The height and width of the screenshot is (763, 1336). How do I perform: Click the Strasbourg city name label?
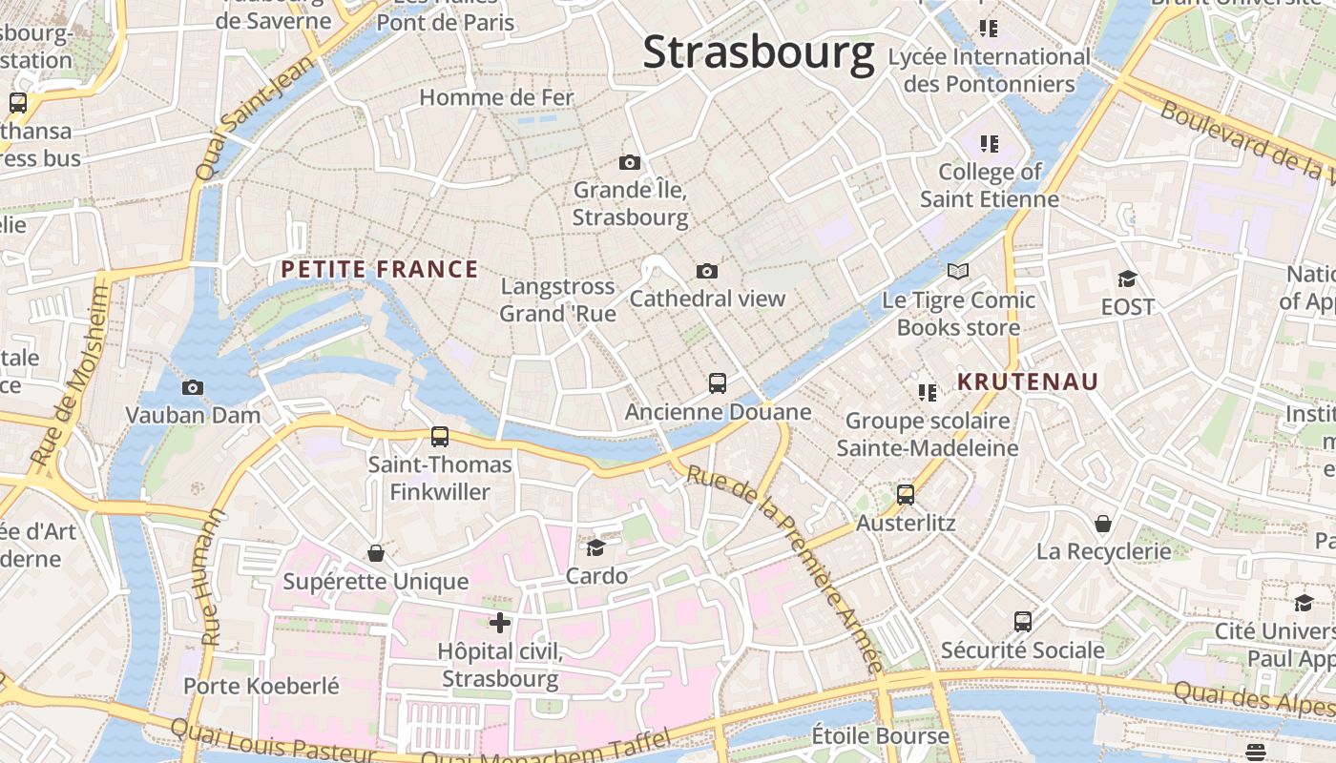pos(759,52)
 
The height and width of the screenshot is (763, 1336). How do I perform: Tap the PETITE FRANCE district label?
pos(380,270)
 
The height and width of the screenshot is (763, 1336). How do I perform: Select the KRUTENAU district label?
pos(1028,382)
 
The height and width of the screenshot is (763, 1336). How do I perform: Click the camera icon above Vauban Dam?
pos(193,387)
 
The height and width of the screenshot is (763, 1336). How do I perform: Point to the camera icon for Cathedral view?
pos(707,271)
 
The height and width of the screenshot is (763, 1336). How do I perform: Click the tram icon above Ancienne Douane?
pos(718,383)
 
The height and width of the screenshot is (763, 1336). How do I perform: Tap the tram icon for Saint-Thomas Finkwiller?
pos(440,437)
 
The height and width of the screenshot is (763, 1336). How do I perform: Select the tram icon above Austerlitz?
pos(906,495)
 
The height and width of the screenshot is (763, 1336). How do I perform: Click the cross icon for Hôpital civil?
pos(500,623)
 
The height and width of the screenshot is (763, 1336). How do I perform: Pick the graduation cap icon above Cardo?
pos(596,547)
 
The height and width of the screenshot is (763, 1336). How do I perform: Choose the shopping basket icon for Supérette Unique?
pos(376,553)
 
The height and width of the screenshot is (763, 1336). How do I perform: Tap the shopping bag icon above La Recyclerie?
pos(1103,524)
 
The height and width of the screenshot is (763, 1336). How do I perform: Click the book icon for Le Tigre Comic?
pos(958,272)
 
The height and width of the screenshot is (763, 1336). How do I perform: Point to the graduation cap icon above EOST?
pos(1127,278)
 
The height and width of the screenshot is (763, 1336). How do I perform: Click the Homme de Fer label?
pos(496,97)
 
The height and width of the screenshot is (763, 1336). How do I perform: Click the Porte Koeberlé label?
pos(261,686)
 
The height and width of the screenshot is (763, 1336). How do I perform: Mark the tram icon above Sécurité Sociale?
pos(1023,622)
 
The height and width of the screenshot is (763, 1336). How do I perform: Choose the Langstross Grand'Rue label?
pos(557,299)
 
